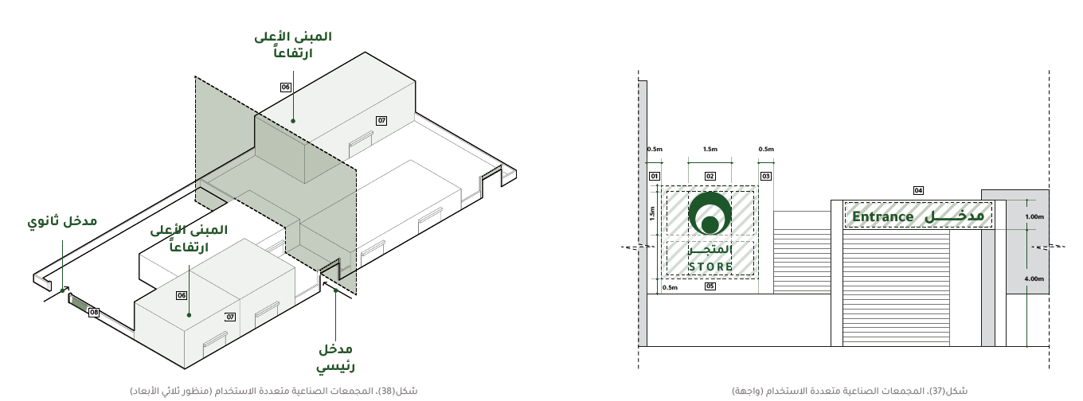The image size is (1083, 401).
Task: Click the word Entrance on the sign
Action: [x=883, y=217]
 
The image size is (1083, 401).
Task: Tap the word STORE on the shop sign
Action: [x=710, y=267]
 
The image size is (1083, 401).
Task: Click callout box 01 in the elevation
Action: [x=654, y=177]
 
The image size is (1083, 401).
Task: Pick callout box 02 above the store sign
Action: [x=710, y=177]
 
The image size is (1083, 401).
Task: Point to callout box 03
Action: [x=766, y=177]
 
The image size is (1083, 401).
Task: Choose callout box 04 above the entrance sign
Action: [x=918, y=191]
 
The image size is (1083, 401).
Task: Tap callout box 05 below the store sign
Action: [x=710, y=286]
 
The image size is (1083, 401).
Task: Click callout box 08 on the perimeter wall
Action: [x=94, y=313]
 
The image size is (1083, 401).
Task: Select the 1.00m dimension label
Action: [x=1034, y=217]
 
